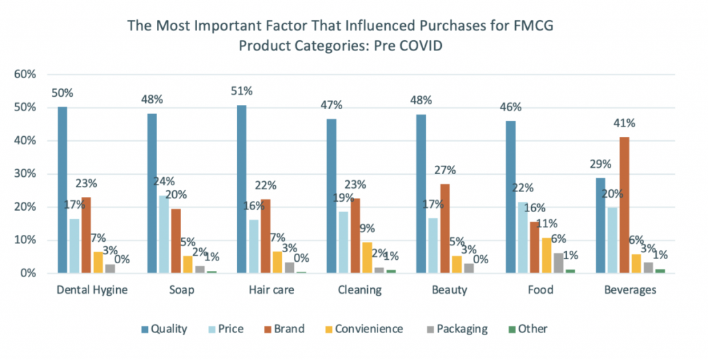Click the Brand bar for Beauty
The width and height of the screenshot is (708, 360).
tap(445, 229)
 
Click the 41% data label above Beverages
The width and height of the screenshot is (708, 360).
tap(625, 123)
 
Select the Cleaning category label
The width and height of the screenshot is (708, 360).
tap(359, 290)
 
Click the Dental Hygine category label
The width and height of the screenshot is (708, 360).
tap(93, 290)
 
